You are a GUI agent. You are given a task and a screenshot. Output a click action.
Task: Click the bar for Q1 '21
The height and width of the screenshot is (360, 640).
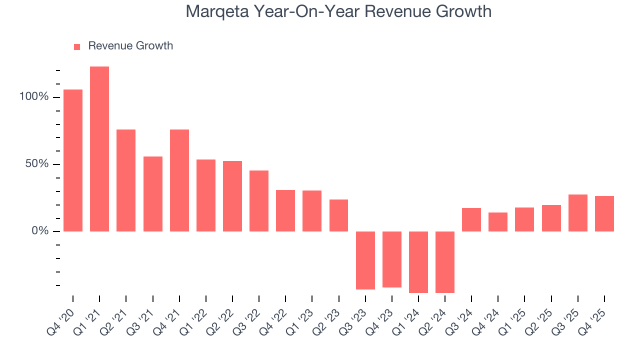coord(99,149)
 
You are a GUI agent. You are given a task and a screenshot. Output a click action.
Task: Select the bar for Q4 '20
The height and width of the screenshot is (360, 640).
coord(73,160)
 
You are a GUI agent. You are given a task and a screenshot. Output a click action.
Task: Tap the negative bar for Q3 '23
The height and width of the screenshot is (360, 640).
coord(365,260)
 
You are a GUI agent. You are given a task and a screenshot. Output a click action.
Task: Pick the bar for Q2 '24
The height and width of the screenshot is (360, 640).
coord(445,262)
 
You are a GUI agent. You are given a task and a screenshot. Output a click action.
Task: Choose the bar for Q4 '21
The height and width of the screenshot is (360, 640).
coord(179,180)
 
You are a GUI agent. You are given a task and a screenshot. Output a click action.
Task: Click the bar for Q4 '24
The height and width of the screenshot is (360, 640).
coord(498,222)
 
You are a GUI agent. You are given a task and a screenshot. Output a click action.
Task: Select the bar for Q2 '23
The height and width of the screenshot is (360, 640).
coord(338,215)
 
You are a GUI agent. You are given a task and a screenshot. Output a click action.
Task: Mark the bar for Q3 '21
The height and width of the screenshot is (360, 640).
coord(153,194)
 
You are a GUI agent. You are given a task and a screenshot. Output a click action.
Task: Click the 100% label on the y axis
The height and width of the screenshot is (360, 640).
coord(34,97)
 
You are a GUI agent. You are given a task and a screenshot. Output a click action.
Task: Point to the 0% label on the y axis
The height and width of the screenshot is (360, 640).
coord(40,231)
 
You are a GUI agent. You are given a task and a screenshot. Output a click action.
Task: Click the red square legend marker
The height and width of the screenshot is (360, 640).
coord(77,47)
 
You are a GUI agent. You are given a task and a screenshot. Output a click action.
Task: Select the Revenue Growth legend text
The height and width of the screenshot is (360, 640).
coord(130,46)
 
